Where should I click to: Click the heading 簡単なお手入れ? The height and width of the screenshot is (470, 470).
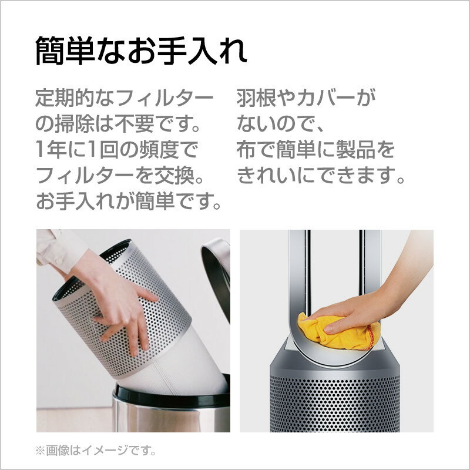tap(141, 51)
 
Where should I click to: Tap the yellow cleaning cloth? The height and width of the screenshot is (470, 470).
tap(339, 332)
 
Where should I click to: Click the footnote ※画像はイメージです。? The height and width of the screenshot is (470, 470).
tap(95, 451)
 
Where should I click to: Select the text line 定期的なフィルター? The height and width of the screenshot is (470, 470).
tap(124, 98)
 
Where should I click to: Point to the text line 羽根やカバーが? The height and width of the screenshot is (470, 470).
tap(306, 98)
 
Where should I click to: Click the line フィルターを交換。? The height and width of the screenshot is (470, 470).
tap(120, 176)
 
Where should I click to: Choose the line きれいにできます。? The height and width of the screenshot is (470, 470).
tap(321, 176)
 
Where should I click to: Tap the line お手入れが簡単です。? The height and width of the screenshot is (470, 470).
tap(129, 202)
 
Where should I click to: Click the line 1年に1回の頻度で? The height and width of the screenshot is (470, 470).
tap(116, 150)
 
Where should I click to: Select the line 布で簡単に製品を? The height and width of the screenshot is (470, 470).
tap(315, 150)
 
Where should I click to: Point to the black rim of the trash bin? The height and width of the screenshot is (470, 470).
tap(172, 395)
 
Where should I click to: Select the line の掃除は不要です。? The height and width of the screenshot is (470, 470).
tap(118, 124)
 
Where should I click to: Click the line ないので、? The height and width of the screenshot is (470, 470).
tap(280, 124)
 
